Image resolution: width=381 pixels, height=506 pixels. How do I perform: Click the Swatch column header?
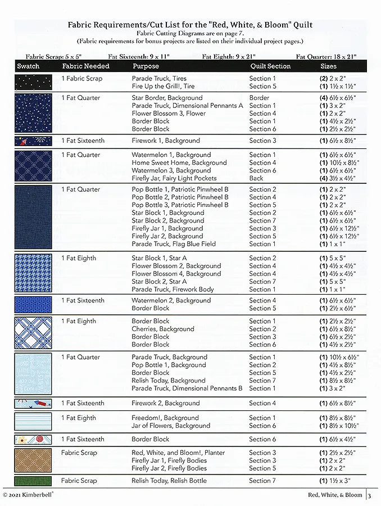pos(28,66)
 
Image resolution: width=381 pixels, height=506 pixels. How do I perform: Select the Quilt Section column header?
pos(270,66)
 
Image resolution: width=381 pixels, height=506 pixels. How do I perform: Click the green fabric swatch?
pos(33,481)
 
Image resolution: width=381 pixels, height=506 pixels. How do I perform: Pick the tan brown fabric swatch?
pos(33,459)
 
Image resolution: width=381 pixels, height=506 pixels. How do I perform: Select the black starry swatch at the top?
pos(33,82)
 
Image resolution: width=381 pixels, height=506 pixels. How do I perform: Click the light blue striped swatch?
pos(33,422)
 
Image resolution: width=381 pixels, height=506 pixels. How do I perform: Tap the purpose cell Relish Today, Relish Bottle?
pos(169,481)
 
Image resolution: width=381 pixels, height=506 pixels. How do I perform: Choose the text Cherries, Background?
pos(162,329)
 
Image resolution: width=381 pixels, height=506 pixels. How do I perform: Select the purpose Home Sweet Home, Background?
pos(171,162)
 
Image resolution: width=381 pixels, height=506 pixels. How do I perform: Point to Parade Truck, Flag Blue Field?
pos(173,244)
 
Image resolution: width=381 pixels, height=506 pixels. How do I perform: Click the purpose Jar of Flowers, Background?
pos(166,426)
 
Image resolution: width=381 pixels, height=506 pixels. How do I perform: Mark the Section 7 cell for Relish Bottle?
pos(262,481)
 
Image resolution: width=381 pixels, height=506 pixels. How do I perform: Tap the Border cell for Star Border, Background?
pos(259,98)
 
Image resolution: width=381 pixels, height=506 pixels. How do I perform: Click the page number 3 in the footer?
pos(370,495)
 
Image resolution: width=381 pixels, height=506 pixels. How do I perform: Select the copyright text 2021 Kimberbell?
pos(29,495)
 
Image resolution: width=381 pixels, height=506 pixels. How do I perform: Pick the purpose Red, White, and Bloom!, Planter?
pos(178,453)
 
